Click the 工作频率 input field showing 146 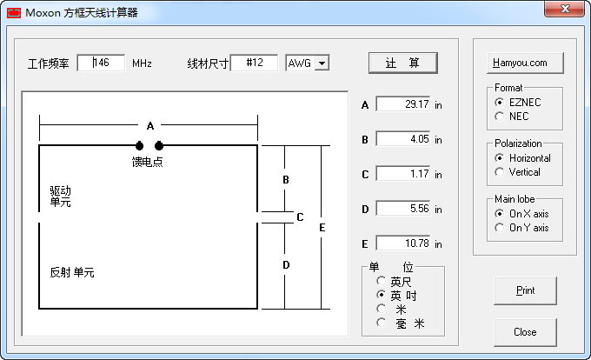pos(101,63)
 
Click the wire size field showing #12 pos(255,63)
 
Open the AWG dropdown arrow pos(322,63)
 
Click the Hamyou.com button pos(525,63)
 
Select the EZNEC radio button pos(500,103)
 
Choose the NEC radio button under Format pos(500,117)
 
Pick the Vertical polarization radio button pos(500,172)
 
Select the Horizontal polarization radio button pos(500,158)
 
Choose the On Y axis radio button pos(500,228)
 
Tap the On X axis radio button pos(500,214)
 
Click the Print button pos(525,290)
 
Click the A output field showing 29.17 pos(403,104)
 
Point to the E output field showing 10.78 pos(403,243)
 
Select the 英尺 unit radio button pos(381,281)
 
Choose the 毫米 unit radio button pos(381,323)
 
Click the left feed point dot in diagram pos(139,145)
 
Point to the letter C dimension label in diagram pos(300,217)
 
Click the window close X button pos(564,9)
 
